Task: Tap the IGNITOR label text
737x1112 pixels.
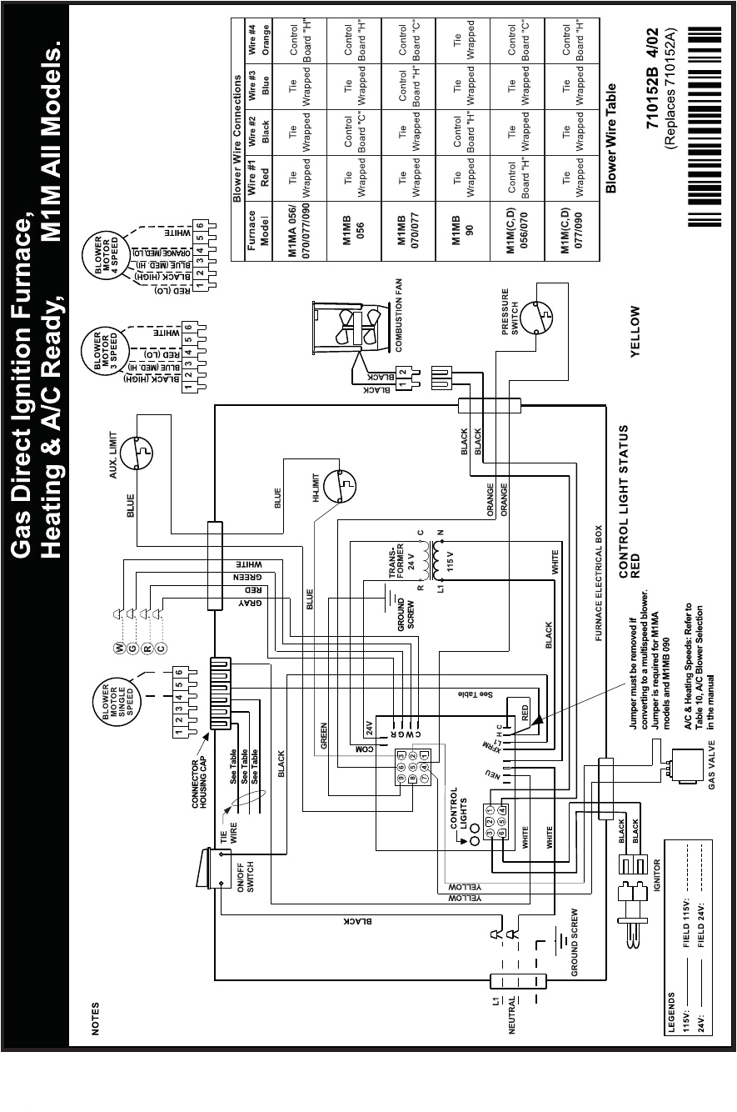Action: [x=658, y=875]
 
